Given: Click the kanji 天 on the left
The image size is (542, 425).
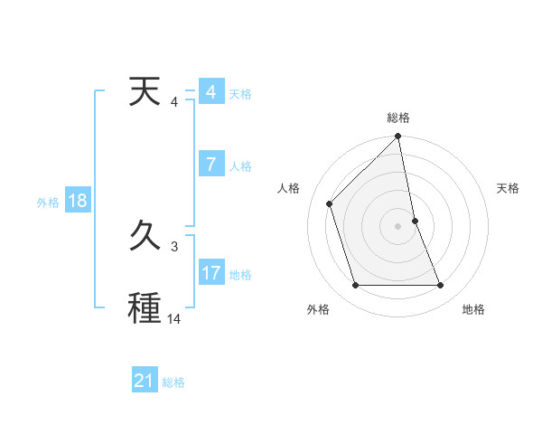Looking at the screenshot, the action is [145, 92].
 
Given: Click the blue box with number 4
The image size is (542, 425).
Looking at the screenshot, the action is [210, 92].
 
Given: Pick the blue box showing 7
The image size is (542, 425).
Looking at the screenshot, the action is [210, 165].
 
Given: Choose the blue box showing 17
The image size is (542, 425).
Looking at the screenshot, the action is [211, 273].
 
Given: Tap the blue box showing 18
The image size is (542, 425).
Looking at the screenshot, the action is [78, 201].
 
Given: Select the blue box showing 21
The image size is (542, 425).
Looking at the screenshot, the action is [145, 381].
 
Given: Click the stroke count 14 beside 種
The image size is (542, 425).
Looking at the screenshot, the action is [174, 318].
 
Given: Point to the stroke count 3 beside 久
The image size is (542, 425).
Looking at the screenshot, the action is [174, 246].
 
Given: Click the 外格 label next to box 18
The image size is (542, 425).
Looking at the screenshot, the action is [48, 203].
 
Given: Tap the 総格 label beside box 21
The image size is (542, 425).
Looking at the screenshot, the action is [173, 382].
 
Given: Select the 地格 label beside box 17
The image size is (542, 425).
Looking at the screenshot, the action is [240, 275].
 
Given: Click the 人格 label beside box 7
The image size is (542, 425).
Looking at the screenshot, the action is [240, 166].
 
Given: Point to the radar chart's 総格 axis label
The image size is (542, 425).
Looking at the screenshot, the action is [398, 118].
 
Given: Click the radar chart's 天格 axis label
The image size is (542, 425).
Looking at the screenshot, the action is [508, 188].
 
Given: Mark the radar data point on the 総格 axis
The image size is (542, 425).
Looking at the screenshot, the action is [398, 137].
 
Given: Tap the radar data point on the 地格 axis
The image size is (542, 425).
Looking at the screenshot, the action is [441, 285].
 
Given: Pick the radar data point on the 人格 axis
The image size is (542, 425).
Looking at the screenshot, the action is [330, 203].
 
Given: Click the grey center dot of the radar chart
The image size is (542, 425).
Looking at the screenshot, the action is [398, 225].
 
